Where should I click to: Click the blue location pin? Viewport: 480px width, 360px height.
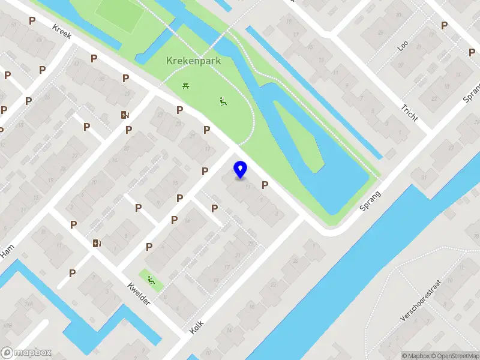[x=240, y=169]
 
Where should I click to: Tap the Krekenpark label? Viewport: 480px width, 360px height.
[x=194, y=61]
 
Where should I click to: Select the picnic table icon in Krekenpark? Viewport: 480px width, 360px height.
[x=186, y=87]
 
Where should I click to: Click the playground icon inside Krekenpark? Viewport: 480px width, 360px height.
[x=223, y=101]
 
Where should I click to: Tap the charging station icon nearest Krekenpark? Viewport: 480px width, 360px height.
[x=125, y=115]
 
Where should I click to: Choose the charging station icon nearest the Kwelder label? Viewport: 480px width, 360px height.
[x=97, y=243]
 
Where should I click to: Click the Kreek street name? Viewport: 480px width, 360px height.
[x=62, y=32]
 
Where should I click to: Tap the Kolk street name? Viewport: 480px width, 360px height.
[x=197, y=327]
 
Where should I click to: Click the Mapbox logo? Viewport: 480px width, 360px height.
[x=26, y=353]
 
